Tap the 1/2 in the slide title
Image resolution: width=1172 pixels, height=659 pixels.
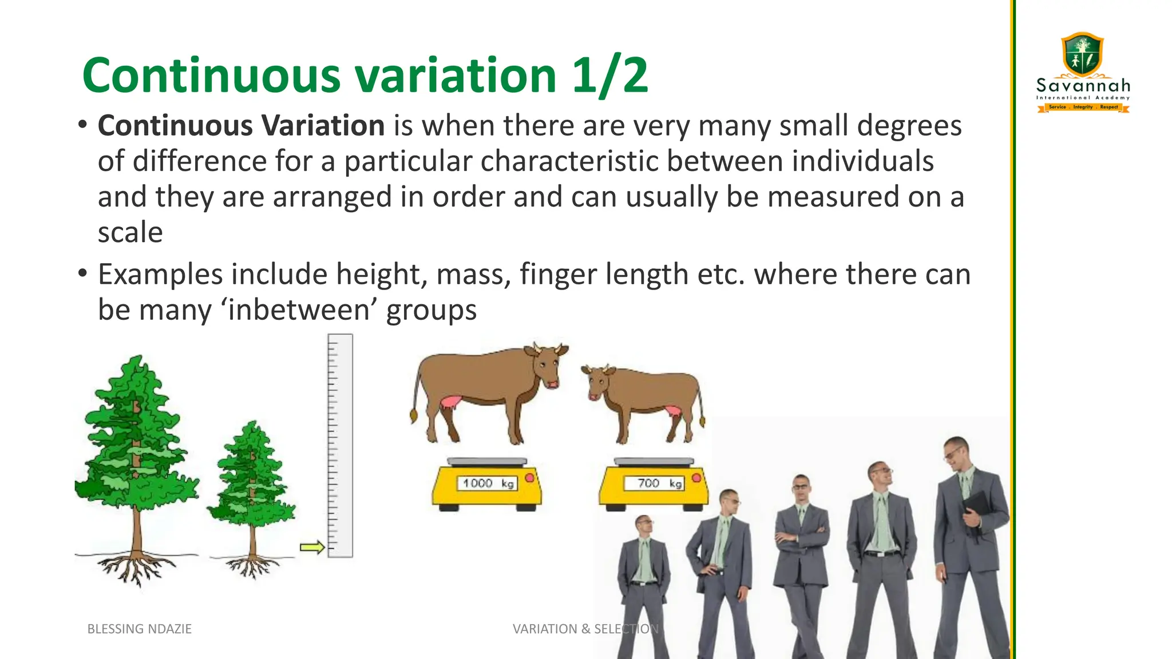click(x=610, y=76)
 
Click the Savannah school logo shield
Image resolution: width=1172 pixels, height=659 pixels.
click(x=1082, y=54)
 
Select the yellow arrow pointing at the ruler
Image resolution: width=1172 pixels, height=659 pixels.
click(x=312, y=547)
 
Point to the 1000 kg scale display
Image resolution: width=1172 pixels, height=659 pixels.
click(x=487, y=483)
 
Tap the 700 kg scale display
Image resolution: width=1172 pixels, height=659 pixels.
click(x=654, y=483)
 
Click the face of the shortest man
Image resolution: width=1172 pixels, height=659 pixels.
click(x=644, y=525)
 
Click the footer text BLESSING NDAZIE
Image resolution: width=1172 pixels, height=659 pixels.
click(x=139, y=629)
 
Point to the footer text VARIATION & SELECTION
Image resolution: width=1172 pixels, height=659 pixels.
click(x=585, y=629)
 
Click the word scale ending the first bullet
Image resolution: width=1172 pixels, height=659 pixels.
click(x=130, y=232)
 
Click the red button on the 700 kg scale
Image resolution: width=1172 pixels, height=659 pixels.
click(x=696, y=478)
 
